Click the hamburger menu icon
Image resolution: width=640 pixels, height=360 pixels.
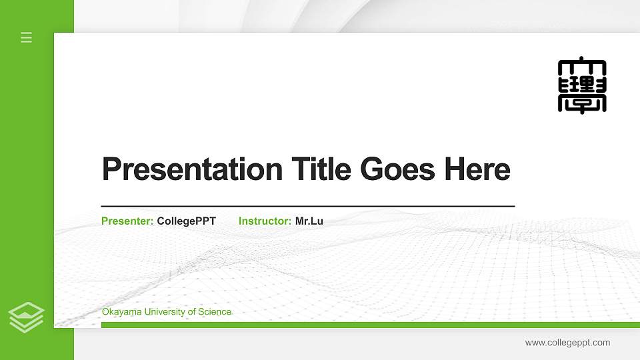coord(27,37)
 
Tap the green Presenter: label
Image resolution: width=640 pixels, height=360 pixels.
coord(127,221)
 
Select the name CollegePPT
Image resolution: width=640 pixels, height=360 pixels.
coord(186,221)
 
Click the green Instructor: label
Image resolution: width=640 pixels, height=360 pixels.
coord(265,221)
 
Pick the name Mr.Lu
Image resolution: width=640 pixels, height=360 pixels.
coord(309,221)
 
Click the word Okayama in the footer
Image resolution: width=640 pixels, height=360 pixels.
coord(121,312)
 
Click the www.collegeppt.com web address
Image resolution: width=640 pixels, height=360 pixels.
coord(567,343)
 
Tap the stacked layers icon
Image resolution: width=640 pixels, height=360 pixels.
coord(27,317)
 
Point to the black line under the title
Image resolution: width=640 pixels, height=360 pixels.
coord(307,206)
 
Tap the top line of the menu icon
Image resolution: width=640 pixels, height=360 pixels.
coord(27,33)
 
